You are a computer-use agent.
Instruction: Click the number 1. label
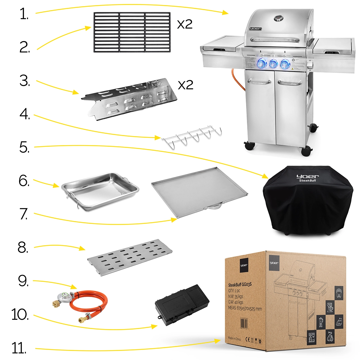pyautogui.click(x=24, y=14)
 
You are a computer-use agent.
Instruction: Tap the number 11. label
pyautogui.click(x=19, y=348)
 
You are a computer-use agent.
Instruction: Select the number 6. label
pyautogui.click(x=24, y=181)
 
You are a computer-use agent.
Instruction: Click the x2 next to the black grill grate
pyautogui.click(x=185, y=24)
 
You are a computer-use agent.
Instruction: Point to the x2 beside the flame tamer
pyautogui.click(x=185, y=85)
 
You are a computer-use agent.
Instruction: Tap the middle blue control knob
pyautogui.click(x=273, y=64)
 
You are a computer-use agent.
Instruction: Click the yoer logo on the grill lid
pyautogui.click(x=255, y=29)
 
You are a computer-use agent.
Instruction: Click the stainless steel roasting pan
pyautogui.click(x=100, y=191)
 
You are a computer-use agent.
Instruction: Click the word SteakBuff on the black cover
pyautogui.click(x=307, y=181)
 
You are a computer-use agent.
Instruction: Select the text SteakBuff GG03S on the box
pyautogui.click(x=240, y=285)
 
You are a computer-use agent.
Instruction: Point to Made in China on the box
pyautogui.click(x=234, y=338)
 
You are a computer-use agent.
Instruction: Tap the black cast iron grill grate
pyautogui.click(x=132, y=32)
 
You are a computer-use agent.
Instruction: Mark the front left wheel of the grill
pyautogui.click(x=249, y=146)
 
